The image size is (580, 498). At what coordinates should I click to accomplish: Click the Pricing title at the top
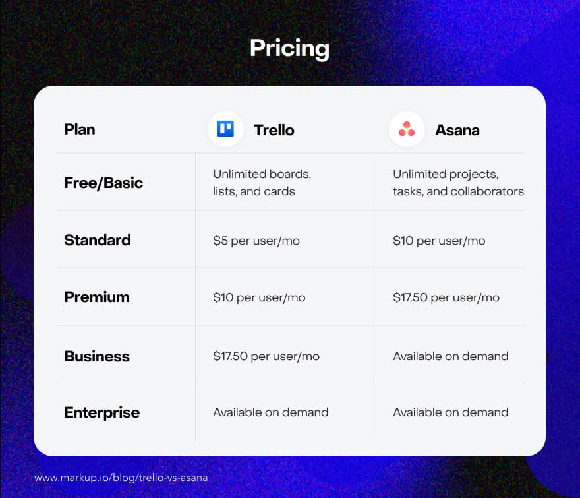289,49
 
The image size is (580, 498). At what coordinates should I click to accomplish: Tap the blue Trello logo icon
225,129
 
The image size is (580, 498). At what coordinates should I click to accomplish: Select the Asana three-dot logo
407,129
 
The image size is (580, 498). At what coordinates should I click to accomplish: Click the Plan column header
80,129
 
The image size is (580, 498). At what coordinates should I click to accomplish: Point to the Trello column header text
274,130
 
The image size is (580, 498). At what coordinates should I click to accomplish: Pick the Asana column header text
457,130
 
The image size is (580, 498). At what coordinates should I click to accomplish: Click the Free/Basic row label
103,183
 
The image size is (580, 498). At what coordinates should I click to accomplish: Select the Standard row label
98,240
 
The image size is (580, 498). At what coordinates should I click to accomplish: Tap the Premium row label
97,297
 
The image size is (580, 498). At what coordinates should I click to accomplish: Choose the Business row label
97,356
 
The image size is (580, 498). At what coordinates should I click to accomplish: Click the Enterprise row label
102,413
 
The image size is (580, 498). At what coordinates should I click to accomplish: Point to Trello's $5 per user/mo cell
256,241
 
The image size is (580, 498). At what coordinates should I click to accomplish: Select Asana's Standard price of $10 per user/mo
439,241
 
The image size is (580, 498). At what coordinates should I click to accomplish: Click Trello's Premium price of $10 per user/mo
259,297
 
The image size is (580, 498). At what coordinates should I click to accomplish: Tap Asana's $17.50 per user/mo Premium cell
446,297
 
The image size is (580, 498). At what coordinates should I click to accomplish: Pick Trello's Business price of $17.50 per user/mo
266,356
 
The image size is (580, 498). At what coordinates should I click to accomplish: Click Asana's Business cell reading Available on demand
451,356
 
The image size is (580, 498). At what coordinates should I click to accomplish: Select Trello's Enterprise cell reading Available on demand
271,412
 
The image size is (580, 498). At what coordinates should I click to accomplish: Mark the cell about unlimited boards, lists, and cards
262,183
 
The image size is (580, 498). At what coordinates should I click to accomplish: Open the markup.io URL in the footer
121,478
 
